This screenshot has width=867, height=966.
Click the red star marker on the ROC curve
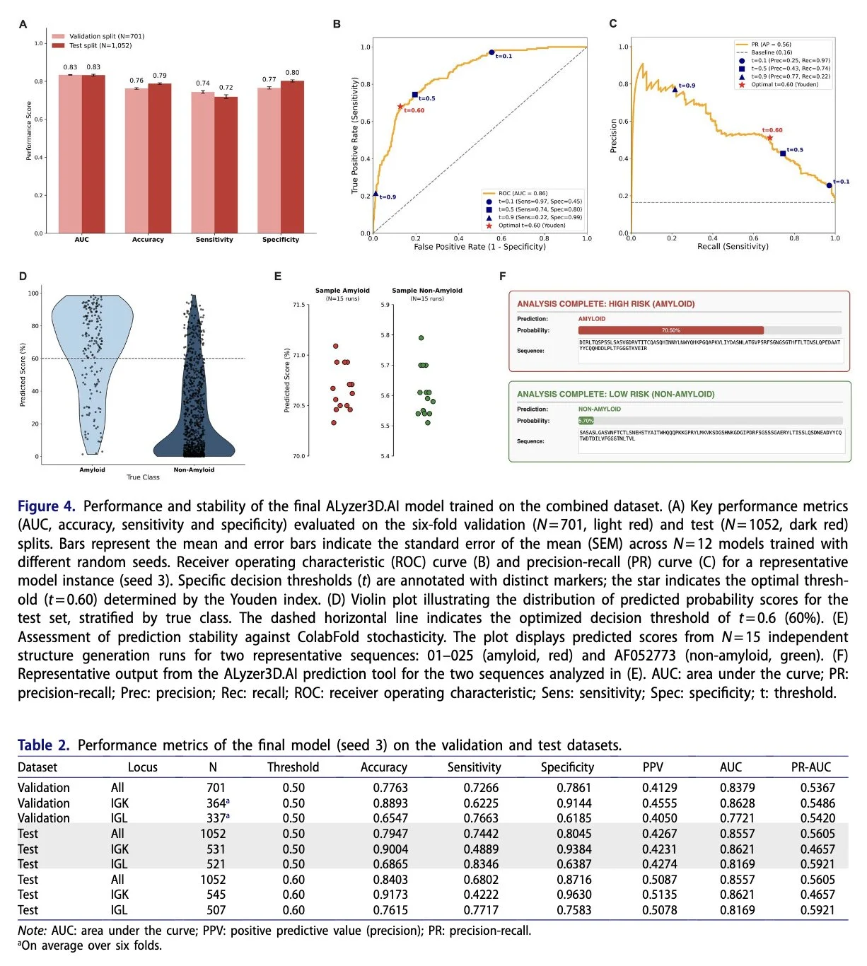[x=400, y=107]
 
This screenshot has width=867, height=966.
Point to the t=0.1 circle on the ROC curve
[x=491, y=53]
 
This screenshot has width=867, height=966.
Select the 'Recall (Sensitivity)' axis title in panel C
[x=733, y=247]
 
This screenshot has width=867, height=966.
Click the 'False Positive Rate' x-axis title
[x=479, y=247]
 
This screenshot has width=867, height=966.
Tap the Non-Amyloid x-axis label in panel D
[x=194, y=470]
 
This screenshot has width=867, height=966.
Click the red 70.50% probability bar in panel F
[x=670, y=330]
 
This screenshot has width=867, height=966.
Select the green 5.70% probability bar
[x=586, y=421]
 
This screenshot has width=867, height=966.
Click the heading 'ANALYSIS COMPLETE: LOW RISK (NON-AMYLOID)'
[x=615, y=394]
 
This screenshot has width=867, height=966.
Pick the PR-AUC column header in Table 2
[x=811, y=767]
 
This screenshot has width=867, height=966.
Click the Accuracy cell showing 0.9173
[x=390, y=895]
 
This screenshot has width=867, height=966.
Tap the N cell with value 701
[x=216, y=788]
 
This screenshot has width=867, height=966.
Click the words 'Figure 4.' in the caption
[x=46, y=506]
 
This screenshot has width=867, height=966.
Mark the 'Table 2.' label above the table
[x=44, y=745]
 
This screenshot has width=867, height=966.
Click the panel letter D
[x=23, y=277]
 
